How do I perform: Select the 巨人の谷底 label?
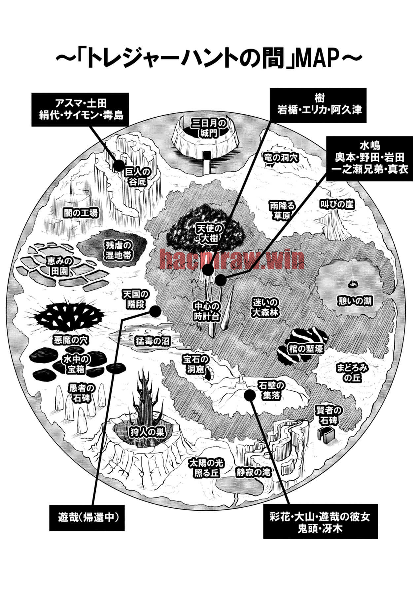[138, 177]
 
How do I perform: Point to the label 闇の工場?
[81, 213]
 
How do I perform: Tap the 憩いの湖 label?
[355, 301]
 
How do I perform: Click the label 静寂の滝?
[254, 472]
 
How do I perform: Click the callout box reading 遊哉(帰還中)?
[87, 518]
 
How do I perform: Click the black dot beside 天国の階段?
[155, 311]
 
